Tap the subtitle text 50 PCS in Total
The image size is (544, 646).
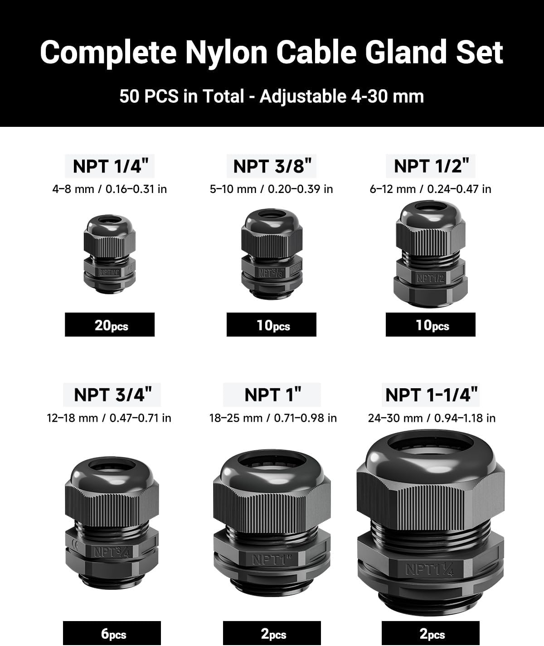[181, 96]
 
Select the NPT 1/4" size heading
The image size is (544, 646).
[110, 166]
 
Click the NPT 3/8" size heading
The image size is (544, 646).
[272, 166]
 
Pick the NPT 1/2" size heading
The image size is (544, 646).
[431, 166]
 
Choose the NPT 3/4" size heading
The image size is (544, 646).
[112, 394]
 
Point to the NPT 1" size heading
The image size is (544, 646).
[272, 394]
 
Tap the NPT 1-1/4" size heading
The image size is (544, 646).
[431, 394]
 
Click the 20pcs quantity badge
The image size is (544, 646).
[110, 325]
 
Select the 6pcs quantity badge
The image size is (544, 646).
[112, 633]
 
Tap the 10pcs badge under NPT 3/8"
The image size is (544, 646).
[272, 325]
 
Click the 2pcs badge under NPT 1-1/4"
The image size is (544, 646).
[431, 633]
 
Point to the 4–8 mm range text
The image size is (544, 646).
[75, 189]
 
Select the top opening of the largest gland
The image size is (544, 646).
[431, 451]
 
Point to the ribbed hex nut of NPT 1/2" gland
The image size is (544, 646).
[431, 238]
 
